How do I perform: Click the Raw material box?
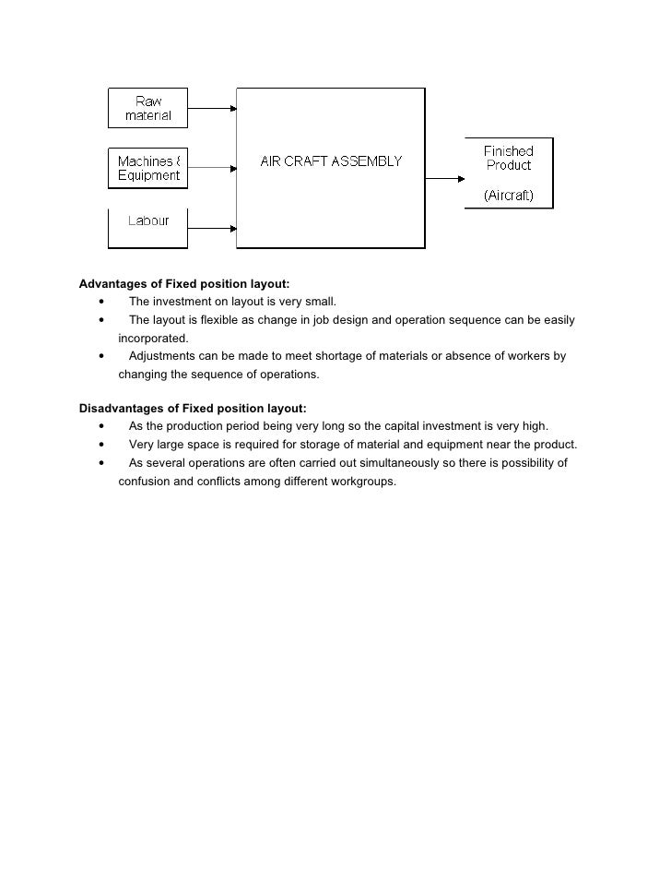[147, 108]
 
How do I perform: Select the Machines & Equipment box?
[147, 168]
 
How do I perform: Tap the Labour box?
[147, 228]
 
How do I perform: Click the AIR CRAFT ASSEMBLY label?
[331, 161]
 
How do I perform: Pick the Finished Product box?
[509, 173]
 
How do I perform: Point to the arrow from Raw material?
[212, 108]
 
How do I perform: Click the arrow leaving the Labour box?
[212, 227]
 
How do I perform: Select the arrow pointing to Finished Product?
[445, 179]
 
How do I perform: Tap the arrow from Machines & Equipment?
[212, 168]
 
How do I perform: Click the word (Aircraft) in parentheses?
[509, 196]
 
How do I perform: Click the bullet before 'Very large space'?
[100, 445]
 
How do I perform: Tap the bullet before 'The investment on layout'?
[100, 302]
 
